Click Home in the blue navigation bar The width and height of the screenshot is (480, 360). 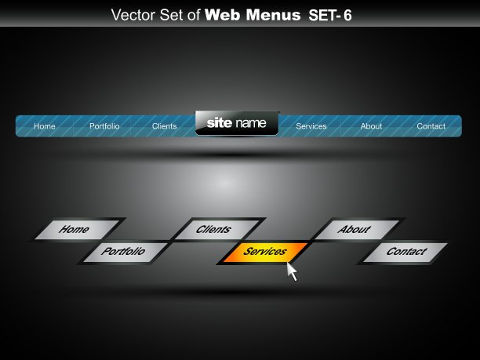[45, 126]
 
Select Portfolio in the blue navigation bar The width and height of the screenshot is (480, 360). [104, 126]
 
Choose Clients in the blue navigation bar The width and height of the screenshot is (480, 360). [165, 126]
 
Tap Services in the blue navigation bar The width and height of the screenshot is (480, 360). [311, 126]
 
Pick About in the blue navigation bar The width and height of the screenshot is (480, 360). [371, 126]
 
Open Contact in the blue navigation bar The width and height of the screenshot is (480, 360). [431, 126]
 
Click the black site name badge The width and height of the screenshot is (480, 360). [237, 123]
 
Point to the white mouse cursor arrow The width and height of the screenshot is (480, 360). [292, 271]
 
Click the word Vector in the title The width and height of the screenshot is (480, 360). [134, 15]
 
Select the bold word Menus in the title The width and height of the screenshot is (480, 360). [274, 15]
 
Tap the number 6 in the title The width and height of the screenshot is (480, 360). [347, 16]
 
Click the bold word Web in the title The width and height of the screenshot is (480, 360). [223, 15]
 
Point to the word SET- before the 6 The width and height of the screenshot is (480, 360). [325, 16]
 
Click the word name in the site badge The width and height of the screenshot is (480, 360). [251, 123]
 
